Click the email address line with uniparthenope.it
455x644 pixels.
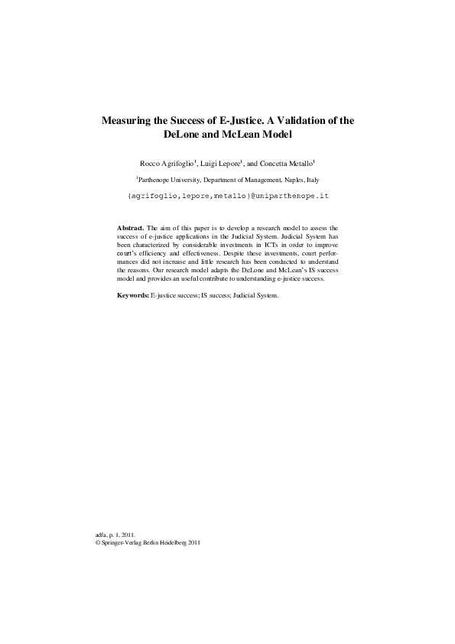[227, 197]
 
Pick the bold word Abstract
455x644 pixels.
[130, 228]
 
